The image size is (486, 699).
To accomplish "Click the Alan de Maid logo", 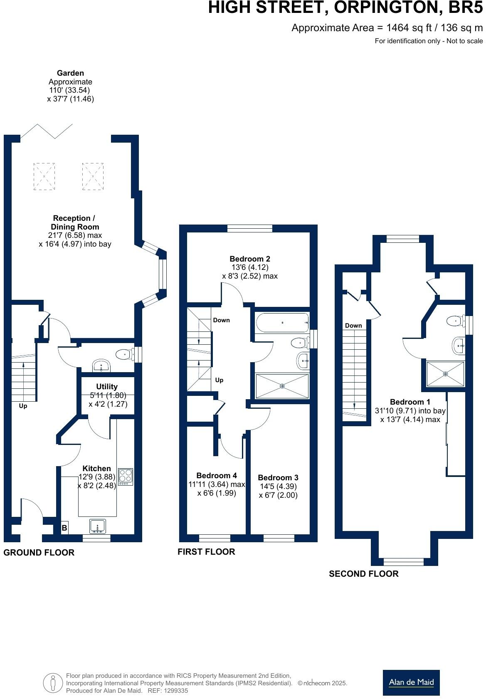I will [x=411, y=682].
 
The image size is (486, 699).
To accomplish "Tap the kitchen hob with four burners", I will [x=126, y=477].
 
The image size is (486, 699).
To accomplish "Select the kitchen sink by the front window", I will [x=97, y=526].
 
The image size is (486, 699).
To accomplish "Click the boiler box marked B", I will [x=64, y=528].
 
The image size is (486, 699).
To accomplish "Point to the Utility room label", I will [x=107, y=386].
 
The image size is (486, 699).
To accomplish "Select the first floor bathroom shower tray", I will [x=282, y=386].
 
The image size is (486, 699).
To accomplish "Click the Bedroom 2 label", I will [x=250, y=259].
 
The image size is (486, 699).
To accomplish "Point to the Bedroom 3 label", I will [x=278, y=477].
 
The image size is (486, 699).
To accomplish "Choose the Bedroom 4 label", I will [x=216, y=475].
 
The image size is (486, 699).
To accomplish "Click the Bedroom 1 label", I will [x=410, y=402].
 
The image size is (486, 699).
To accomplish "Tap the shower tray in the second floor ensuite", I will [x=445, y=373].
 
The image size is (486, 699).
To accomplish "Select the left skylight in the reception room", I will [x=44, y=176].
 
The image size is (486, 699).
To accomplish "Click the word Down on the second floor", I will [x=353, y=325].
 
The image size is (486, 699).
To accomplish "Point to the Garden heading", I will [x=70, y=73].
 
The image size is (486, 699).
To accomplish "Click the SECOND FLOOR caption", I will [x=363, y=574].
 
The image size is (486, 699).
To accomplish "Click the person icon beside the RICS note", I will [x=53, y=683].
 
